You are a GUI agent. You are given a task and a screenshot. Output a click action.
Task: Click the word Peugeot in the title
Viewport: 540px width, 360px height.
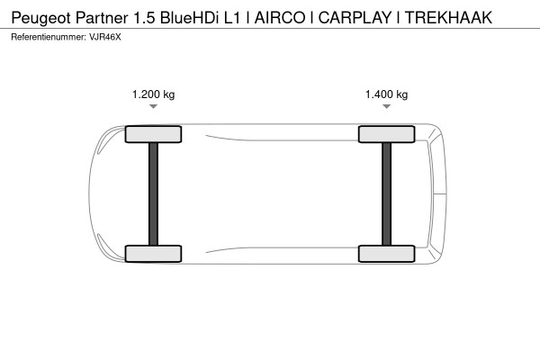click(x=41, y=18)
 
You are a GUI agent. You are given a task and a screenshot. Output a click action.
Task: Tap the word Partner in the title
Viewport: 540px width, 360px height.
click(x=102, y=18)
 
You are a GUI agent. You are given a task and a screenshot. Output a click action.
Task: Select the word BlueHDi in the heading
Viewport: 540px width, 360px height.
click(x=189, y=18)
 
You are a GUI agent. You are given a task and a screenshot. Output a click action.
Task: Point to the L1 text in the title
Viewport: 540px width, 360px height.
click(x=232, y=18)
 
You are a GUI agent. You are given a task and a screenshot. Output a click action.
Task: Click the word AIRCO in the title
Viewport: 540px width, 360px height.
click(x=280, y=18)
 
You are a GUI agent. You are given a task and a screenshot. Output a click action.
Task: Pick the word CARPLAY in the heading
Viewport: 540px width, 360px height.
click(x=355, y=18)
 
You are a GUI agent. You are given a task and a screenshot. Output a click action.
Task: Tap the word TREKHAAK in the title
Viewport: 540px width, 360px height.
click(x=448, y=18)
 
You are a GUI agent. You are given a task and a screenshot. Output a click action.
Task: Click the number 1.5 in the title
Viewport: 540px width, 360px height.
click(x=144, y=18)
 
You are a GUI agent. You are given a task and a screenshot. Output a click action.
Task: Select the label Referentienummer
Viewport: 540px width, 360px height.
click(x=49, y=37)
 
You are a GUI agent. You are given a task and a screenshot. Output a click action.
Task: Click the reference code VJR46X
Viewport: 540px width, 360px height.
click(x=105, y=37)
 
